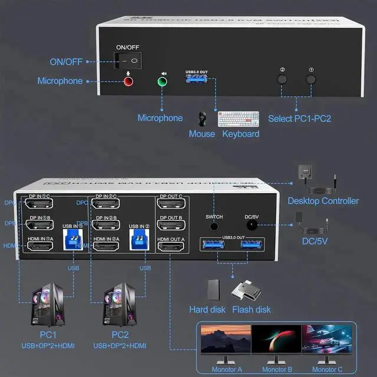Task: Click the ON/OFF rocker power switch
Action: (x=128, y=60)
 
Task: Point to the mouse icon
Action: (x=202, y=118)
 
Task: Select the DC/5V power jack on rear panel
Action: (x=252, y=224)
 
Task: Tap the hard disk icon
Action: (x=213, y=290)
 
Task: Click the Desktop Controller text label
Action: (x=323, y=201)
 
